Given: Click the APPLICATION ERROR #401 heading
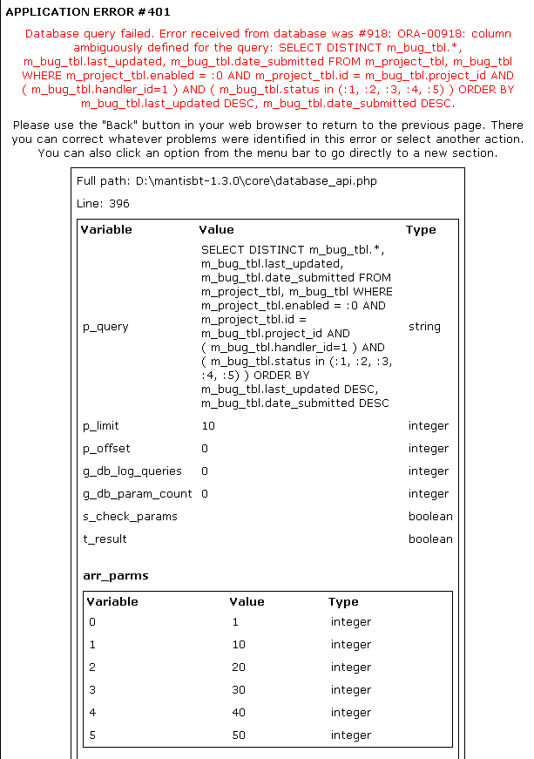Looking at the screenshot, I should coord(88,12).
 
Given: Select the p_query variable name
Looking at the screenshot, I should coord(105,327).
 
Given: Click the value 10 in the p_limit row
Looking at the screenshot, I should coord(207,426).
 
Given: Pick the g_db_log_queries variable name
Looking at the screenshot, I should coord(132,471).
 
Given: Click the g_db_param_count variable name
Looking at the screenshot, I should coord(137,494).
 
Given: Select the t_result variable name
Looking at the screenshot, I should coord(105,539).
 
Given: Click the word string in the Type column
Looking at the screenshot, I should coord(424,327).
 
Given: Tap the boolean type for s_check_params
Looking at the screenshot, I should coord(430,517).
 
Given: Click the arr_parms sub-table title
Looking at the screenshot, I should coord(115,575).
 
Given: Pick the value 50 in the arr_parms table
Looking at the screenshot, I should coord(239,735).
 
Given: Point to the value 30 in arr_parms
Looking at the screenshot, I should coord(239,690).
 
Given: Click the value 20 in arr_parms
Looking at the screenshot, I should coord(239,668).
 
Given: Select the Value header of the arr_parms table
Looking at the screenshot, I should coord(247,601).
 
